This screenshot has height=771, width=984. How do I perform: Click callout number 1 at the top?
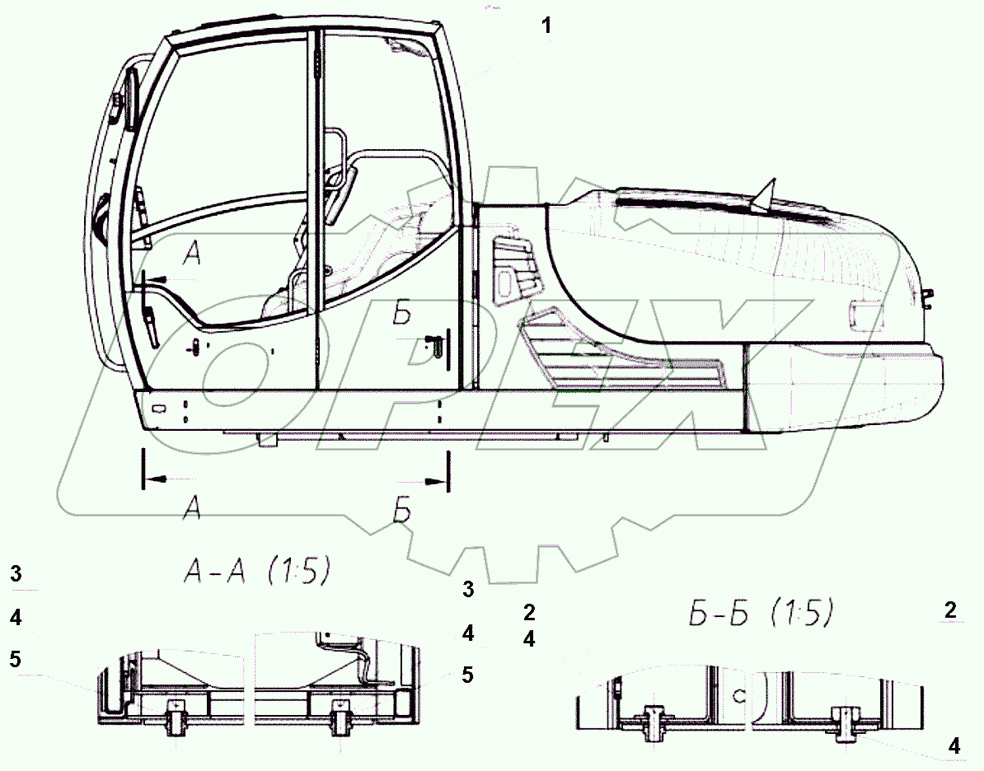(x=546, y=26)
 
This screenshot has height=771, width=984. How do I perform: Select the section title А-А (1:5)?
(x=256, y=572)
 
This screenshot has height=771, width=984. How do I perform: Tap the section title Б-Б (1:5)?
(x=761, y=612)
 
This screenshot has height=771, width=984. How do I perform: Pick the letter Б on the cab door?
(x=402, y=313)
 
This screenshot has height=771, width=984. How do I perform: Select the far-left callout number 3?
(x=16, y=573)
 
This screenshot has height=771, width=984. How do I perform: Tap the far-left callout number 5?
(x=16, y=659)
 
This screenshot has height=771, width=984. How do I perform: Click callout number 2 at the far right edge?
(x=950, y=610)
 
